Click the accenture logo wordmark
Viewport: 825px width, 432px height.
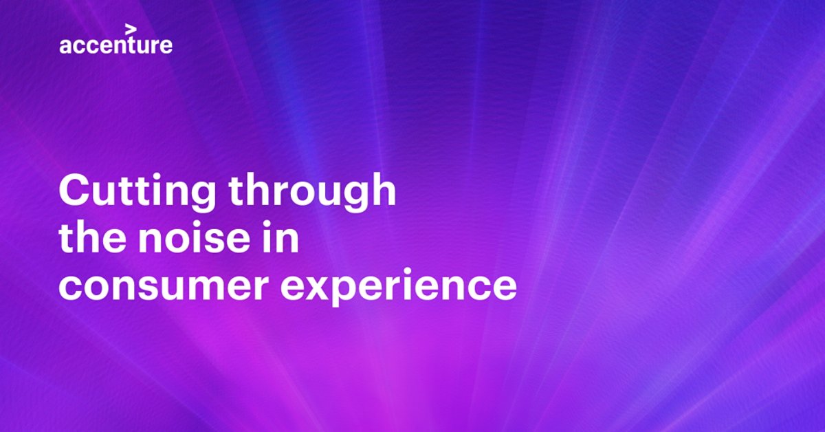pos(115,45)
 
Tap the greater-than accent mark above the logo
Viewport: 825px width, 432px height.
pos(131,29)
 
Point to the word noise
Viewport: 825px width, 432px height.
pos(195,237)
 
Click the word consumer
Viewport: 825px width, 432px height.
pos(164,286)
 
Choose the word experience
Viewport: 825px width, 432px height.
pos(399,288)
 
